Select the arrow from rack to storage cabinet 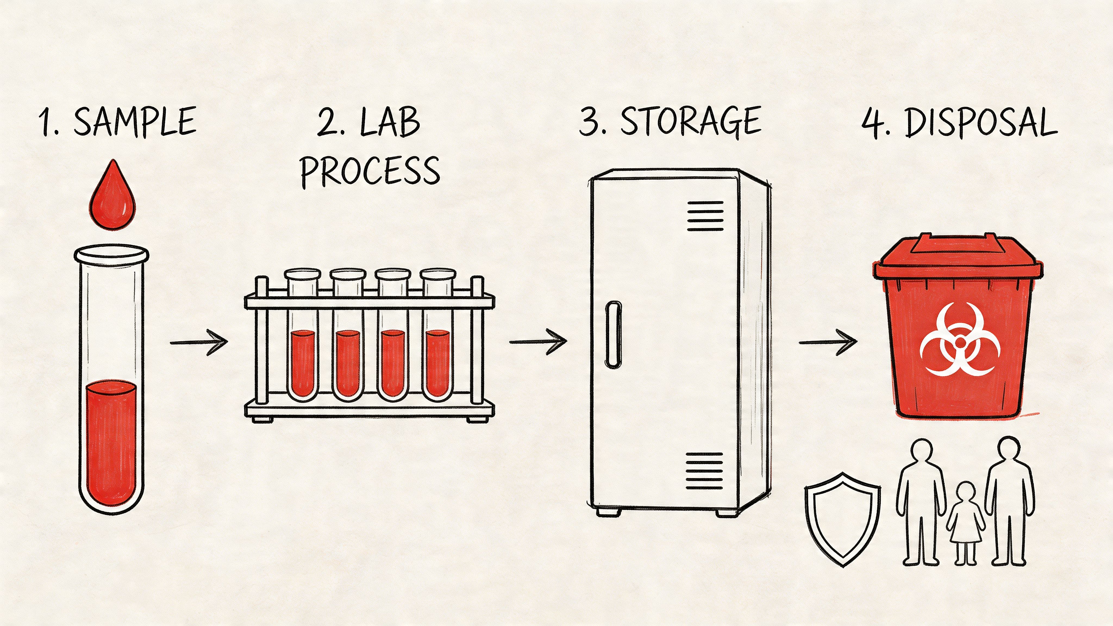[538, 342]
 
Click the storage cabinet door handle [613, 334]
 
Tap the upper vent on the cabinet [705, 216]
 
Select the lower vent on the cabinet [704, 471]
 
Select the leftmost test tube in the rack [303, 335]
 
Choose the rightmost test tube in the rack [438, 335]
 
